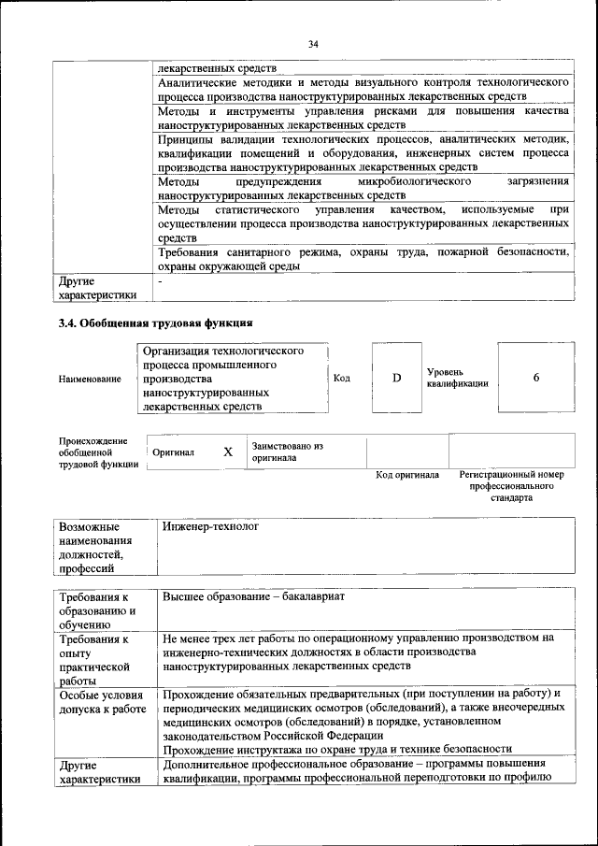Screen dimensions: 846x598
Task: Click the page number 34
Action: (x=313, y=44)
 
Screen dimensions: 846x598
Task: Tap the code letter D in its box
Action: (x=396, y=378)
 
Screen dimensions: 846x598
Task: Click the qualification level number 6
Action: (x=536, y=378)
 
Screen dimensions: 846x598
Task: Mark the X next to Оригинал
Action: (x=227, y=452)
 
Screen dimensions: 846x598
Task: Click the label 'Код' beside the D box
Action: (x=342, y=378)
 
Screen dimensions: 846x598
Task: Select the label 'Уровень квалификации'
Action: (x=457, y=378)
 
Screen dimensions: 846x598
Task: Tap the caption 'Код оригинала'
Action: (x=407, y=475)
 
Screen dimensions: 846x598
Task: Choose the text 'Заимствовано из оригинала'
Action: (x=287, y=452)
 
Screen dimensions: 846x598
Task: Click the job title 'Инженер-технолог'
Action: (x=209, y=527)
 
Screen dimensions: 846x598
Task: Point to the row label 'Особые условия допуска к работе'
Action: (x=101, y=702)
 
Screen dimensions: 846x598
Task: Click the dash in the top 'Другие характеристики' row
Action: (x=161, y=280)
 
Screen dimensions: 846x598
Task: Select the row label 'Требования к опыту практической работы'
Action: (x=93, y=660)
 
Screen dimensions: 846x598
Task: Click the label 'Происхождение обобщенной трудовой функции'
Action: (x=93, y=452)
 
